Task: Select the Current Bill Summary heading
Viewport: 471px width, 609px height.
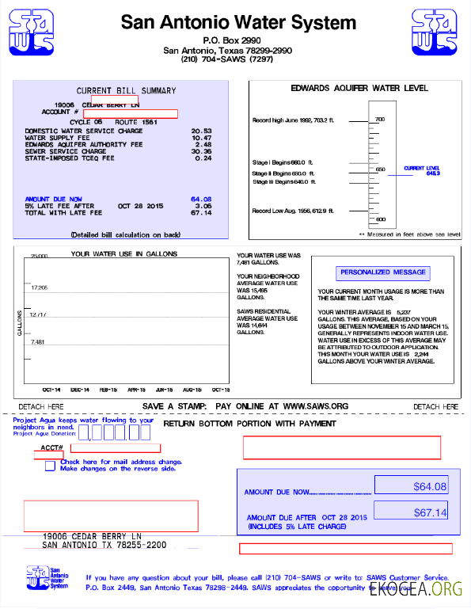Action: point(126,90)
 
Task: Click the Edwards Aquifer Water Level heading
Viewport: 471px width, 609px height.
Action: point(359,88)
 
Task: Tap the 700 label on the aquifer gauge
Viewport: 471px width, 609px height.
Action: point(380,120)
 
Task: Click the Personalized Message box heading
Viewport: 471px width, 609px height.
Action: point(383,272)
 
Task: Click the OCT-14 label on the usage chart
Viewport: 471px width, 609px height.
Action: point(51,390)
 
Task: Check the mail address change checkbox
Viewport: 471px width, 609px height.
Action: point(51,466)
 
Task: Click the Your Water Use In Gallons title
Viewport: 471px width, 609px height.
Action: point(124,254)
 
